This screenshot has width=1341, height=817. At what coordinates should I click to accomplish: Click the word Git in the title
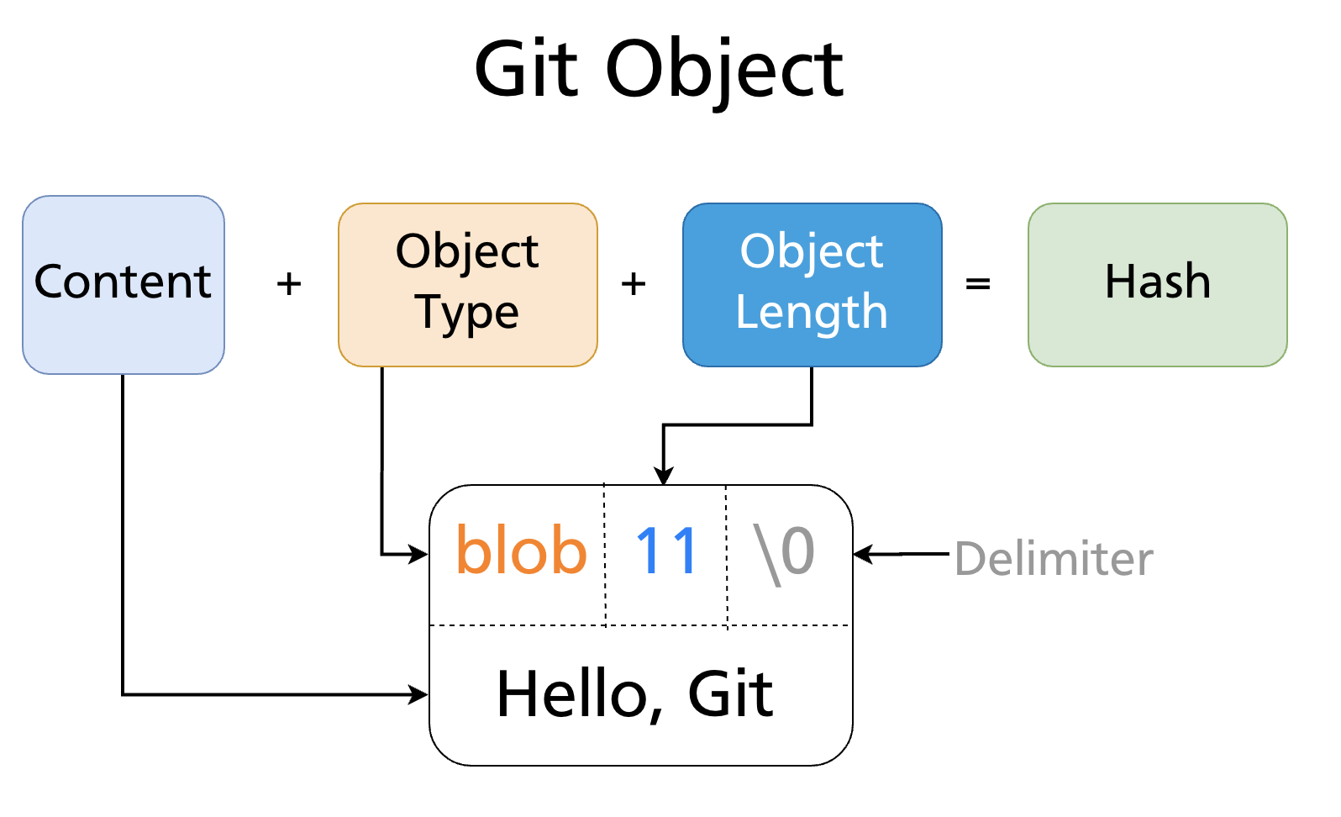tap(526, 70)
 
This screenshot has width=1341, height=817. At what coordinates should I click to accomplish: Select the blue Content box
tap(124, 284)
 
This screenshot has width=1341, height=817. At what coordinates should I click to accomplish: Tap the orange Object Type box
tap(467, 284)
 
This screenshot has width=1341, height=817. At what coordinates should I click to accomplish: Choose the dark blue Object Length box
tap(812, 284)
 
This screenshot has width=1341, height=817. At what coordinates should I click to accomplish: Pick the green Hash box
tap(1157, 284)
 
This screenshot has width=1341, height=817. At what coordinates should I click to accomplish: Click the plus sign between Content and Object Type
tap(289, 284)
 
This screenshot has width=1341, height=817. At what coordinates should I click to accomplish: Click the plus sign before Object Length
tap(634, 284)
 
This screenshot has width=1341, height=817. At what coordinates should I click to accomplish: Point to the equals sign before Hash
tap(977, 284)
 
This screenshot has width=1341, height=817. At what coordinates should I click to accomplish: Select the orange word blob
tap(521, 551)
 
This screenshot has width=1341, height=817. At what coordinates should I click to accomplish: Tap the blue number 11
tap(666, 551)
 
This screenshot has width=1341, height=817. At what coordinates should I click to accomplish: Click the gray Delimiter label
tap(1054, 559)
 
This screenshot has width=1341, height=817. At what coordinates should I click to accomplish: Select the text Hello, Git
tap(634, 694)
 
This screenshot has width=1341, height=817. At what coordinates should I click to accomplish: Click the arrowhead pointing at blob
tap(419, 554)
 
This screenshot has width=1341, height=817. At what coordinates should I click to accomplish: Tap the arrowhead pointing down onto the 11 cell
tap(664, 477)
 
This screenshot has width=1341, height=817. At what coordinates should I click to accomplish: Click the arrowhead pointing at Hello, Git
tap(419, 694)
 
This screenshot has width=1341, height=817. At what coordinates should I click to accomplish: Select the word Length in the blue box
tap(812, 312)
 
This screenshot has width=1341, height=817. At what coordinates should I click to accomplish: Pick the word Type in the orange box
tap(467, 312)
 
